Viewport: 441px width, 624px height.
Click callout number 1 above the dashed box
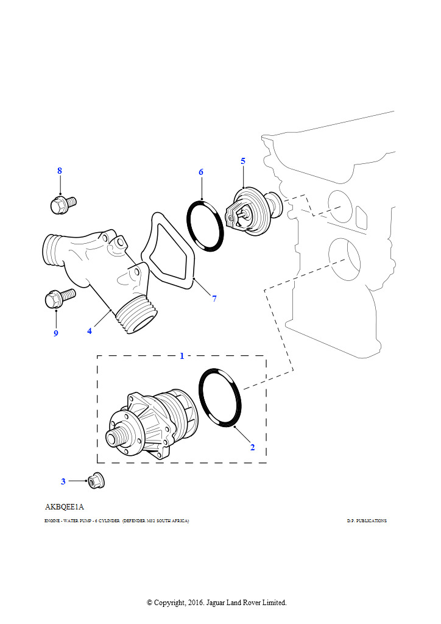182,356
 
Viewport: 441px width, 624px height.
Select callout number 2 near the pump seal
252,447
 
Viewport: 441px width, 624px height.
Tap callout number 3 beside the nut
63,481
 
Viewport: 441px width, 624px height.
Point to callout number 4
90,331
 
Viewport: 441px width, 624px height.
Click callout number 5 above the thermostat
243,161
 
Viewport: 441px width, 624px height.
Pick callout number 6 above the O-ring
201,172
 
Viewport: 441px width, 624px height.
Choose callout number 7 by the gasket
214,299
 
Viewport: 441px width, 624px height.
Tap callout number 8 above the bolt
60,171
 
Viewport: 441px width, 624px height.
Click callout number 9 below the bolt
55,333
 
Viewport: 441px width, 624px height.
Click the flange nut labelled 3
95,481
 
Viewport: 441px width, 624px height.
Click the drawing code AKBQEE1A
64,507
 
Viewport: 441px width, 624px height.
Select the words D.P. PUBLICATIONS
367,521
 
